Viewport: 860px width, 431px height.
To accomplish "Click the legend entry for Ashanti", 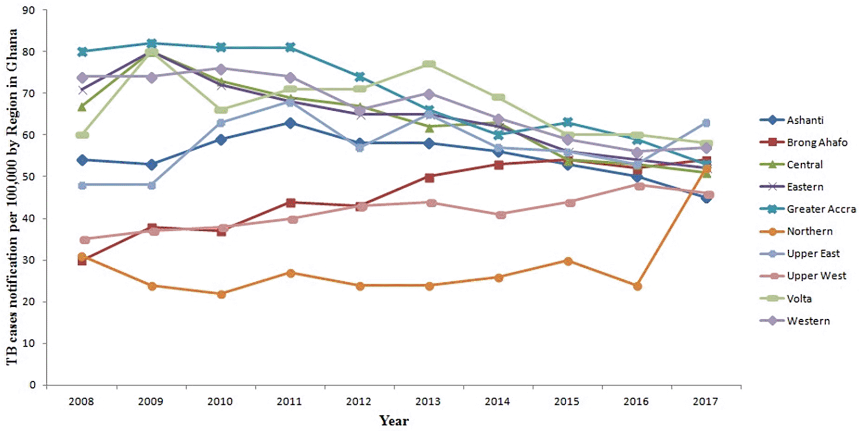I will (x=804, y=120).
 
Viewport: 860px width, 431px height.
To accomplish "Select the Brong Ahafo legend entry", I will (x=816, y=142).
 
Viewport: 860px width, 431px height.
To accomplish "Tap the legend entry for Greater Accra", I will (x=820, y=209).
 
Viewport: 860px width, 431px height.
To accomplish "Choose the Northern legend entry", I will (x=809, y=231).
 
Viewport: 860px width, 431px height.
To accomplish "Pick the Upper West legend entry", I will (x=816, y=276).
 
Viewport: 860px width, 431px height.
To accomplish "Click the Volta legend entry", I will (x=799, y=298).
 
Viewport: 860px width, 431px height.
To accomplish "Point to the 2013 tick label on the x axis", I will (x=428, y=401).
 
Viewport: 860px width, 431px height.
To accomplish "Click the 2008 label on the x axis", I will (x=82, y=401).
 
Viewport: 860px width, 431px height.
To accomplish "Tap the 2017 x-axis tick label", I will (x=706, y=401).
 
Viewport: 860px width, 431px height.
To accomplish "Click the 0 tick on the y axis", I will (x=33, y=385).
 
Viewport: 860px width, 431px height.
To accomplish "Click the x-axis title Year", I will (x=394, y=421).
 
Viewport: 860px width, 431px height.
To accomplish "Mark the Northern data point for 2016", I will (x=637, y=286).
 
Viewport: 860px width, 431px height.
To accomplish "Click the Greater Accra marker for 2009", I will (x=151, y=43).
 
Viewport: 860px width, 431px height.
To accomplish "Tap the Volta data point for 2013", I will (x=429, y=64).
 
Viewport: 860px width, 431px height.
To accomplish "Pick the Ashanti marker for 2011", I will (x=290, y=123).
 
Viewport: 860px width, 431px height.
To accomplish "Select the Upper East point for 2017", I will (x=706, y=123).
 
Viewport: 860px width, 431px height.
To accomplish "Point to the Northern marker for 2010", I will (x=221, y=294).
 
